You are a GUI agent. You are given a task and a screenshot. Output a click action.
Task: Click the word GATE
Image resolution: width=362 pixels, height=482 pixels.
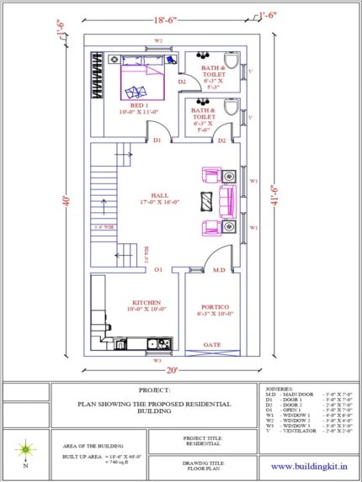coord(211,344)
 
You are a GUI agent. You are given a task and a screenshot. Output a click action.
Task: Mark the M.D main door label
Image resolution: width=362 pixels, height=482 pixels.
coord(218,270)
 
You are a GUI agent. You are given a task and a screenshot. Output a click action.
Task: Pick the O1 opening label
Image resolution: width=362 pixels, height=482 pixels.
coord(157,270)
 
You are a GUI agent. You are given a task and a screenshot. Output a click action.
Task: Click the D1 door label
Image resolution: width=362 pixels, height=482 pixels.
coord(157,140)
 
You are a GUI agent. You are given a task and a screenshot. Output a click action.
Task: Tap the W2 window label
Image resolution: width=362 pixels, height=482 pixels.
coord(157,40)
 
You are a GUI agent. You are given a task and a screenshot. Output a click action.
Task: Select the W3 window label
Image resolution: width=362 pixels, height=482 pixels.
coord(157,359)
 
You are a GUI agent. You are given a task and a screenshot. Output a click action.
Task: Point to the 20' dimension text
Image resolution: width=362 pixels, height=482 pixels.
coord(171,370)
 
